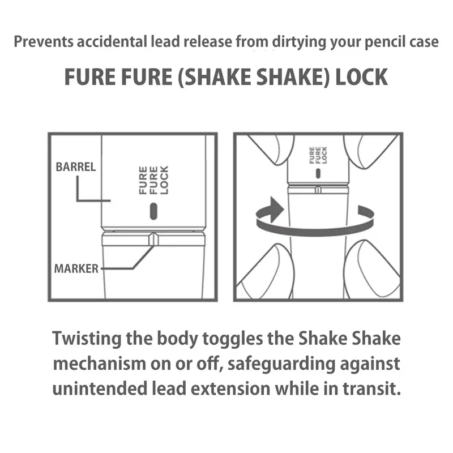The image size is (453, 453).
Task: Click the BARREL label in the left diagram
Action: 76,167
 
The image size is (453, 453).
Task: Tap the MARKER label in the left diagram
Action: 76,268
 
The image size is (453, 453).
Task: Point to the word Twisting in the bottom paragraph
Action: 87,339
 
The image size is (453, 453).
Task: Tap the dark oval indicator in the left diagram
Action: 153,211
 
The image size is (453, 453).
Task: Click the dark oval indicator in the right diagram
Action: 318,173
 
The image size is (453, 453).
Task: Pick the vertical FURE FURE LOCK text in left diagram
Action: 153,180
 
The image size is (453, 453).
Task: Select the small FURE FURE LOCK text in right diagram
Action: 318,155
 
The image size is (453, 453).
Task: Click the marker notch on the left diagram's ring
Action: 153,239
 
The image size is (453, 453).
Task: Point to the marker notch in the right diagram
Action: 318,190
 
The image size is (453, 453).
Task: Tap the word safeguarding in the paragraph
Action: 281,364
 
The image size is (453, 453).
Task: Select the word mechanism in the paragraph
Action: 100,364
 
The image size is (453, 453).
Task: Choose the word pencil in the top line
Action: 384,42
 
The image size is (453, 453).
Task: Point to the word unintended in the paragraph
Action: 100,388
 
